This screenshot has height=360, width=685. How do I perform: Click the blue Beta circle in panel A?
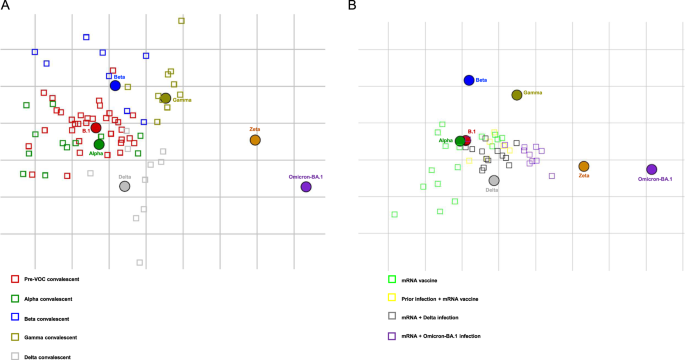[x=115, y=86]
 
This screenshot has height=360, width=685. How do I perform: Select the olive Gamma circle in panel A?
[x=165, y=98]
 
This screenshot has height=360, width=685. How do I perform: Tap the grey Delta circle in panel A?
[x=124, y=186]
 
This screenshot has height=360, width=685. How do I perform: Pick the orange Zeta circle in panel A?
[x=255, y=140]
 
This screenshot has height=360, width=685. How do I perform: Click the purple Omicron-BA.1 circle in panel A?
[x=306, y=187]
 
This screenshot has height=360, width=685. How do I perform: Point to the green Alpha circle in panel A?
[x=99, y=144]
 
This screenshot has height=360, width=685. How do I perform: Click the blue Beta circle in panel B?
[x=468, y=80]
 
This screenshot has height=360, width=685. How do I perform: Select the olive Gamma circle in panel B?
[x=517, y=95]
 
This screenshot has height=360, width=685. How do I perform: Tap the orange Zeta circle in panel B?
[x=584, y=166]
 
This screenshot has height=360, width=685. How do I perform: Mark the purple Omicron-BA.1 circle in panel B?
[x=651, y=170]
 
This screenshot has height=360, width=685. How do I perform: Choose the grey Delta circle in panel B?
[x=494, y=180]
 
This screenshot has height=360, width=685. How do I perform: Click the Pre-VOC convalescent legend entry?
[x=50, y=279]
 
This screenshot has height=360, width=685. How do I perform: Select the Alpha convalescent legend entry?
[x=49, y=298]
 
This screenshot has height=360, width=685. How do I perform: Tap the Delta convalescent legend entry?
[x=50, y=355]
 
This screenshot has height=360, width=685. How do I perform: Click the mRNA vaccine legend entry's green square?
[x=392, y=280]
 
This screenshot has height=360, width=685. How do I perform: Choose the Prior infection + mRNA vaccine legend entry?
[x=440, y=298]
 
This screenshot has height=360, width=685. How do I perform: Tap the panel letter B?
[x=351, y=6]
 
